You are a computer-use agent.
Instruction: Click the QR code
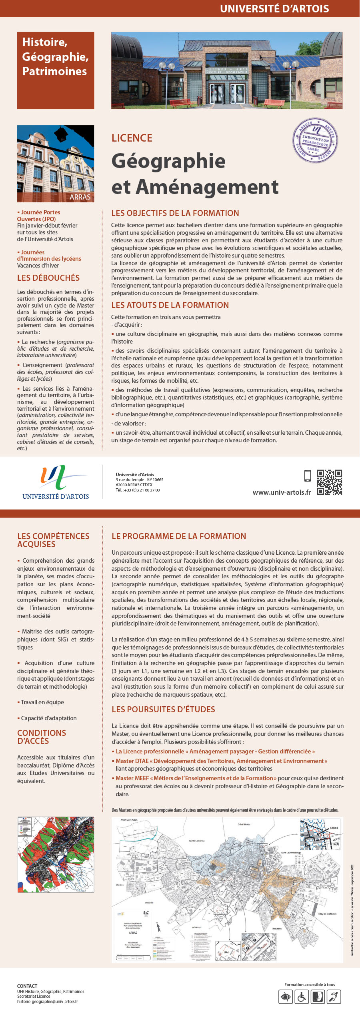click(330, 482)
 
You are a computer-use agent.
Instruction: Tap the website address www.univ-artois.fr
click(282, 492)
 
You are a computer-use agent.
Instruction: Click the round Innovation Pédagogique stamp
click(315, 140)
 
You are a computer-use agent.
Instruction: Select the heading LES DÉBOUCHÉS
click(48, 278)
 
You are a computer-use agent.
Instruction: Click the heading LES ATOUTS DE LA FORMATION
click(170, 305)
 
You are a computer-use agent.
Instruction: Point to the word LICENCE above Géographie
click(132, 138)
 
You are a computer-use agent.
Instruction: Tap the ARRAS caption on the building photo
click(80, 197)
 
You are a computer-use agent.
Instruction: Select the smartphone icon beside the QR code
click(308, 476)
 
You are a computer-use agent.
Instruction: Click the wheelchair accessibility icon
click(302, 997)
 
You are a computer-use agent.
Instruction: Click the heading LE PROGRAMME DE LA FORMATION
click(179, 536)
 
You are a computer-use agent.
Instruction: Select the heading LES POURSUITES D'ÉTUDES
click(163, 709)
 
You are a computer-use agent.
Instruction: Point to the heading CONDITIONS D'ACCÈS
click(42, 737)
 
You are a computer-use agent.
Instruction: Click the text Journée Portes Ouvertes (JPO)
click(38, 216)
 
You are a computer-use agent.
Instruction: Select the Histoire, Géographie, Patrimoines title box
click(56, 70)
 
